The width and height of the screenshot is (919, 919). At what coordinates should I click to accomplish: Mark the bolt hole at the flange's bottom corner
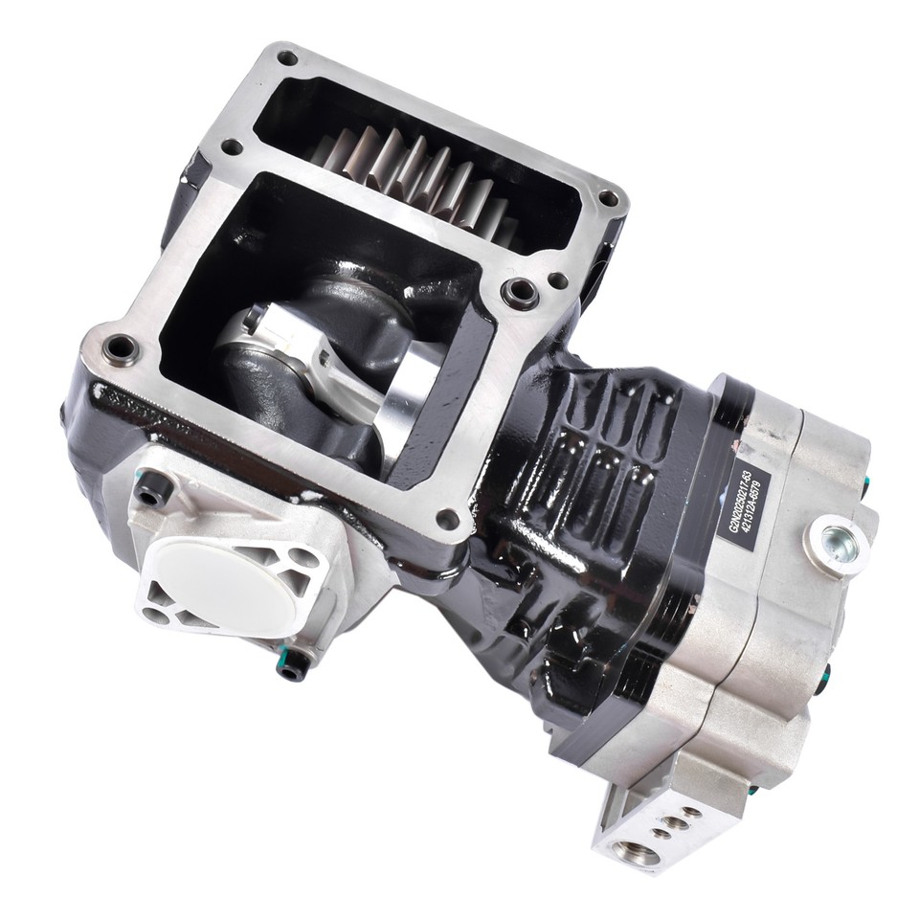[x=446, y=520]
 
